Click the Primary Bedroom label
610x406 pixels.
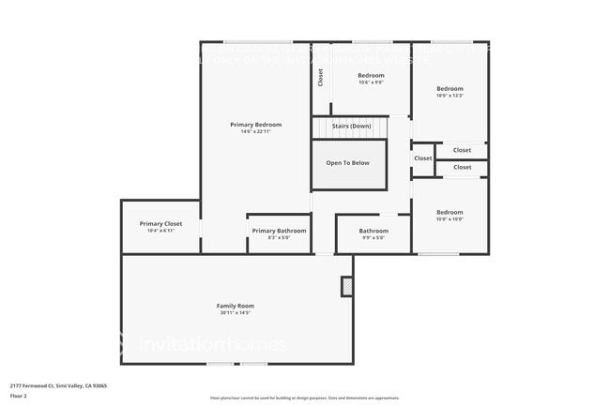click(255, 125)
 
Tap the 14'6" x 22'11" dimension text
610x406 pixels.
click(255, 132)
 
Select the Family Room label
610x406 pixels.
click(236, 306)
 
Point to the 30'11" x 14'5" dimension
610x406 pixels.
click(236, 313)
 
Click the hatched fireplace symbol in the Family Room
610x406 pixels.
click(347, 287)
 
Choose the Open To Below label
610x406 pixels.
click(348, 163)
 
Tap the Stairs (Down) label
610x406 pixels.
click(351, 126)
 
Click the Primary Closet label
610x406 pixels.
click(160, 223)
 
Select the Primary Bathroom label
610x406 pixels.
click(279, 231)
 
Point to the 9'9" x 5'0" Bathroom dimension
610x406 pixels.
click(373, 238)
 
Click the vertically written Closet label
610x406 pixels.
click(320, 78)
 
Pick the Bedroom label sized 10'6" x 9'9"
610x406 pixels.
click(371, 75)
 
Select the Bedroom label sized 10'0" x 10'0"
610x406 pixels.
click(450, 212)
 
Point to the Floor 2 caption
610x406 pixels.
click(19, 396)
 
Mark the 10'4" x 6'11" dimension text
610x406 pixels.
click(160, 231)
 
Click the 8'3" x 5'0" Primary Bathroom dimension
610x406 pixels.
click(279, 238)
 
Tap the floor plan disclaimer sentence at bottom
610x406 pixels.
click(304, 398)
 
